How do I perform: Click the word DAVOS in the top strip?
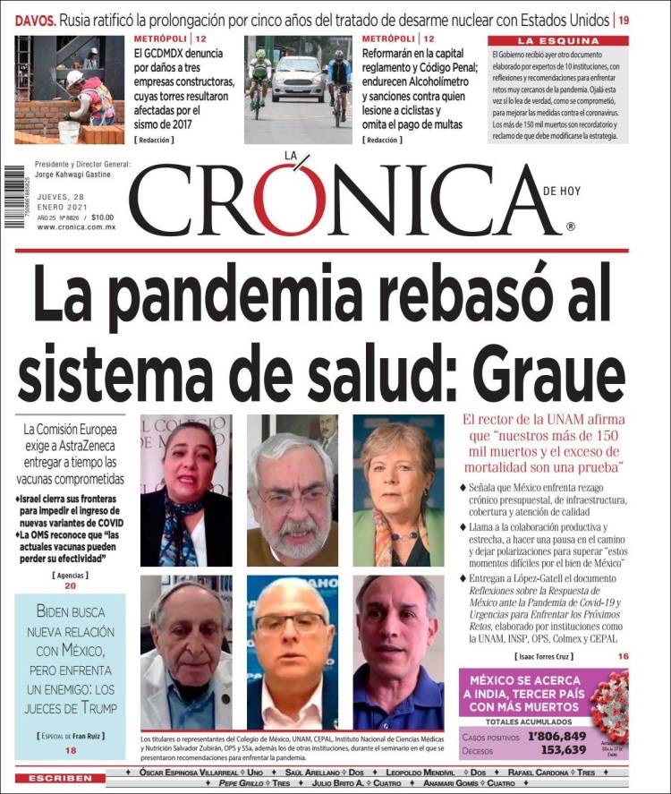point(29,19)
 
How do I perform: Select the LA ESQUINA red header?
point(557,41)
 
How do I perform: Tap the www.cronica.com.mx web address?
point(76,227)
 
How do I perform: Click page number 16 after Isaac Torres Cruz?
point(622,656)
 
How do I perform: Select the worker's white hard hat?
point(75,77)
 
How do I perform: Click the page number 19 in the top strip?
point(623,19)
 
